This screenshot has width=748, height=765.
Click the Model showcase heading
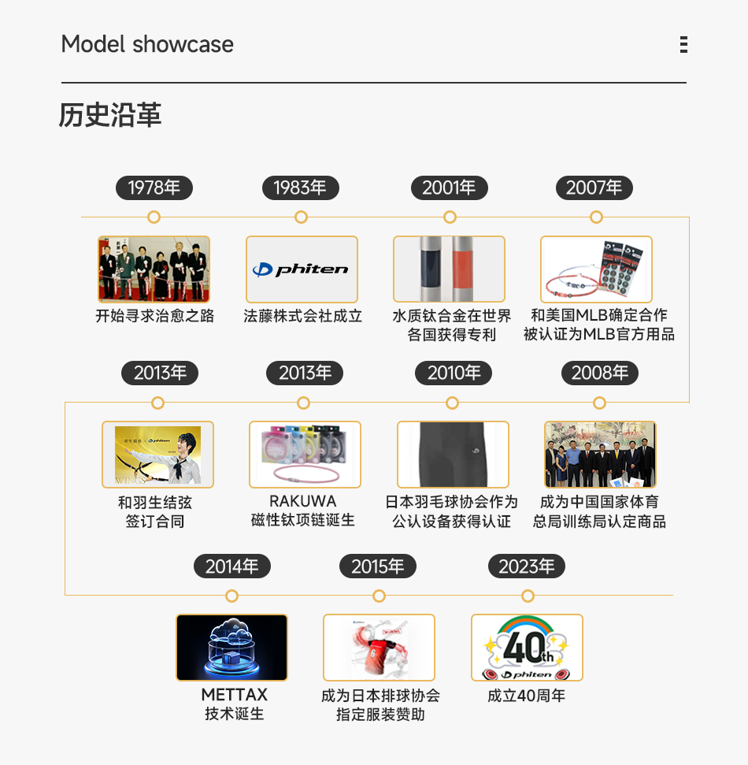[147, 44]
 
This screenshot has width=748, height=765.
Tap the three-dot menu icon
[683, 44]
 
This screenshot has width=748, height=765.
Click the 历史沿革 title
[110, 115]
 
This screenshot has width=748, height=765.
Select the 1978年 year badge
[154, 188]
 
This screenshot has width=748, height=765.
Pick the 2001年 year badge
[449, 188]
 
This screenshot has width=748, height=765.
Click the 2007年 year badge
[594, 188]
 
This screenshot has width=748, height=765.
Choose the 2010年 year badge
[454, 373]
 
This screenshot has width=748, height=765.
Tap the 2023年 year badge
[526, 566]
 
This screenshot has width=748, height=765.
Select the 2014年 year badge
[232, 566]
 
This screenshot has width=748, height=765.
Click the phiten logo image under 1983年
[302, 269]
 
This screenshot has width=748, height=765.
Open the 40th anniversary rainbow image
[527, 648]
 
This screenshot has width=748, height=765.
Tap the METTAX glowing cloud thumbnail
[231, 648]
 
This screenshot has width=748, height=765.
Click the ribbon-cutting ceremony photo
[154, 269]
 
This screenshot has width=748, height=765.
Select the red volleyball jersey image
[379, 648]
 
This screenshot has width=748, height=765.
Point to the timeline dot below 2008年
[600, 403]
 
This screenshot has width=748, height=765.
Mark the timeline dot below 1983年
[301, 217]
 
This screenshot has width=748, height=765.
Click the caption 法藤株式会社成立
[302, 316]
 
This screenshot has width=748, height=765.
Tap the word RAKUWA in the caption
[303, 501]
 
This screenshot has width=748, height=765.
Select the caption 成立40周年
[527, 696]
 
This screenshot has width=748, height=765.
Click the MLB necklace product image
[596, 269]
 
